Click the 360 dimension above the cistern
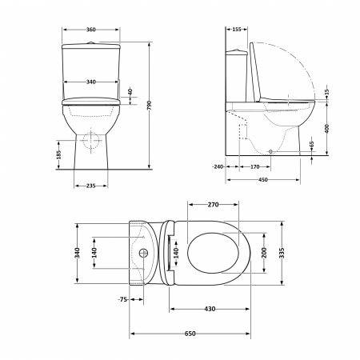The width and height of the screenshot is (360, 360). tap(90, 29)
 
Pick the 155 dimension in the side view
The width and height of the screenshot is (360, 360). tap(238, 29)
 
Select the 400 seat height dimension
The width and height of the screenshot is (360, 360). tap(326, 128)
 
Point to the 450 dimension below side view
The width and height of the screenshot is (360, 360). tap(264, 179)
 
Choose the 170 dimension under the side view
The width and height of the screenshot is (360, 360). tap(254, 166)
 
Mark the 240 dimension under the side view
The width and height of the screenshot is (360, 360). tap(218, 166)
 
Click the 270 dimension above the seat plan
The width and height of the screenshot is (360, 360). tap(213, 205)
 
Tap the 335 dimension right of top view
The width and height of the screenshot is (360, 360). tap(282, 254)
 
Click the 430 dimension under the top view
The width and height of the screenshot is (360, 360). tap(210, 309)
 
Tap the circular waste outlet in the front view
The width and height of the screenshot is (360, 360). tap(90, 141)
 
